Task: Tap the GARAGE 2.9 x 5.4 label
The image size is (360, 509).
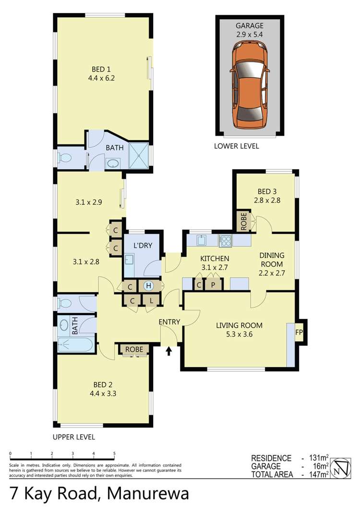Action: click(250, 30)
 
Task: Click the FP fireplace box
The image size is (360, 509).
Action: click(299, 331)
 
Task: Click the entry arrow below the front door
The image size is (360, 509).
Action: click(168, 352)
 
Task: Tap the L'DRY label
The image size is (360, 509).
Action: click(143, 245)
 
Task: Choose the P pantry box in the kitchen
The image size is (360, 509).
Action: click(213, 285)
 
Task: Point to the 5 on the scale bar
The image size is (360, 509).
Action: click(114, 453)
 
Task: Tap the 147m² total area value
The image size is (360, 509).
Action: click(318, 475)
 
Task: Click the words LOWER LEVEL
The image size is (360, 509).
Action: click(237, 146)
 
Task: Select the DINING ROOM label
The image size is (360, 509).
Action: click(272, 260)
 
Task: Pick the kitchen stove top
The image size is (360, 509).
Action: click(225, 241)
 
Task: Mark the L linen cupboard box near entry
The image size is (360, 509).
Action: click(151, 301)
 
